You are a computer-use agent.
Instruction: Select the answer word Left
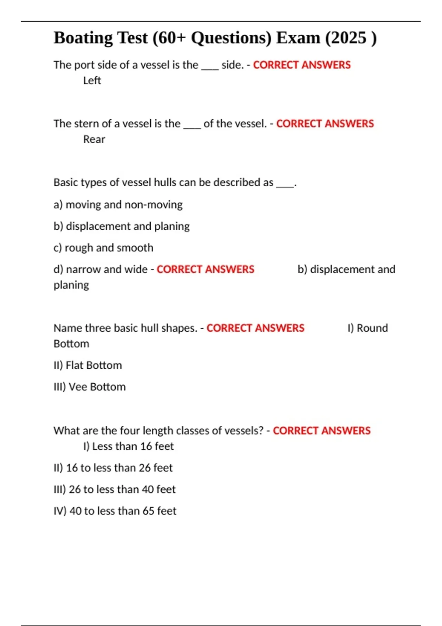coord(92,80)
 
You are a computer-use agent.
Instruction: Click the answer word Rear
coord(94,139)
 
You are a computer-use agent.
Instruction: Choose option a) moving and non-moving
coord(118,204)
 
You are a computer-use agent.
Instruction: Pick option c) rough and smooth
coord(103,247)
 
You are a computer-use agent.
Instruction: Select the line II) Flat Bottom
coord(88,365)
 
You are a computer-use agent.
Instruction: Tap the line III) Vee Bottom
coord(90,387)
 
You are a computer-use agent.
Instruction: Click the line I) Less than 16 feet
coord(128,446)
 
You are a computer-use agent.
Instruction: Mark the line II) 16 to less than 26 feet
coord(113,468)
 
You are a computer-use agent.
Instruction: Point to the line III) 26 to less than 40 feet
coord(114,489)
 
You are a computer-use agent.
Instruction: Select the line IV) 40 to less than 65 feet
coord(115,511)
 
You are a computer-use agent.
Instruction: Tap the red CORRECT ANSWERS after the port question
coord(302,65)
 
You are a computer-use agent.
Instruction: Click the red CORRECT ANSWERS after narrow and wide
coord(205,270)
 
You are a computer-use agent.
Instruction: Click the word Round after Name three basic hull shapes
coord(372,328)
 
